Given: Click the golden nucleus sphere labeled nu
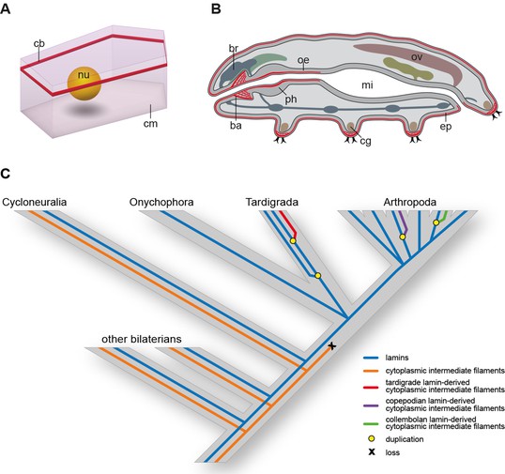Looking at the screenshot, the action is (x=84, y=84).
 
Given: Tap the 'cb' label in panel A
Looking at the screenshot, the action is (x=39, y=43).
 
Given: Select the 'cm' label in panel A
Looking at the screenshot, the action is (x=150, y=124).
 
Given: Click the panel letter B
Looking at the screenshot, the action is (x=216, y=9).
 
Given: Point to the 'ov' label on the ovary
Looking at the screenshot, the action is (x=417, y=57).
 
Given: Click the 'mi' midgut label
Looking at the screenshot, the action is (x=367, y=84).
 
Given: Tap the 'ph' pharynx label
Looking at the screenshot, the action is (x=290, y=99).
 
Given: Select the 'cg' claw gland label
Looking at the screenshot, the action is (x=366, y=141).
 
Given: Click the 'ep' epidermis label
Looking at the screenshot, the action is (x=446, y=127).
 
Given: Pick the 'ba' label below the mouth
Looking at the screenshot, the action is (x=236, y=125).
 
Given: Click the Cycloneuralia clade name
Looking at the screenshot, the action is (x=35, y=202).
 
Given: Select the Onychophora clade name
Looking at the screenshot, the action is (x=161, y=202).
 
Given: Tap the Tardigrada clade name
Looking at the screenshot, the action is (x=272, y=202).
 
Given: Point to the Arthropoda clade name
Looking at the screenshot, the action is (x=409, y=202).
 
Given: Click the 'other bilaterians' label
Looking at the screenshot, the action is (x=142, y=339).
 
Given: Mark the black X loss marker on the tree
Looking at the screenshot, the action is (x=332, y=346).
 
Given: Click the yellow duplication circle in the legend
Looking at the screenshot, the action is (x=372, y=439).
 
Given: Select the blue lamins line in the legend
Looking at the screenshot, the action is (x=372, y=358).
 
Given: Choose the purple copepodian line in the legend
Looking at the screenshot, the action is (x=372, y=405).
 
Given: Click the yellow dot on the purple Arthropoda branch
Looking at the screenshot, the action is (x=403, y=237).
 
